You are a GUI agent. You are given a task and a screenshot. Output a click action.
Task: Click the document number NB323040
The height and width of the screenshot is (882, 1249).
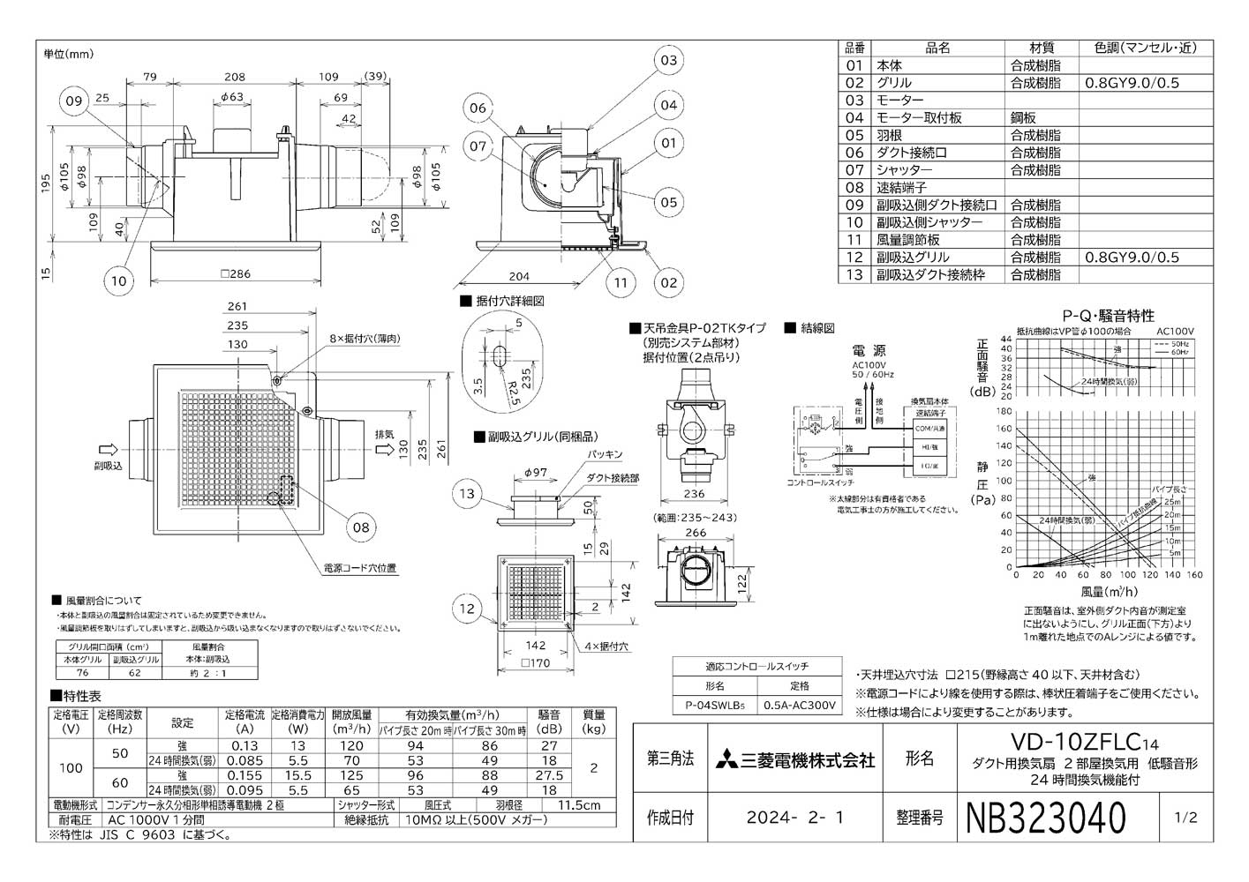point(1047,818)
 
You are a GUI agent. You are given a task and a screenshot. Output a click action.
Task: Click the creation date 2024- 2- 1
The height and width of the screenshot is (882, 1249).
point(794,818)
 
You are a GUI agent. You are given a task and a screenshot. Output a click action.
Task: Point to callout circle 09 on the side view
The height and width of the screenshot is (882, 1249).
point(74,101)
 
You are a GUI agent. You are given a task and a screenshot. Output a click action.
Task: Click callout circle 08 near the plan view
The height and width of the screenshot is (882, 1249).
point(360,528)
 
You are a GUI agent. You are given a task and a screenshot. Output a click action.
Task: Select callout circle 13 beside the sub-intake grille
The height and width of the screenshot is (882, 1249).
point(467,494)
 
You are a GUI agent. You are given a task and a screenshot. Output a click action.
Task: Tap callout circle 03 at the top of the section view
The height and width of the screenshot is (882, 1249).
point(668,60)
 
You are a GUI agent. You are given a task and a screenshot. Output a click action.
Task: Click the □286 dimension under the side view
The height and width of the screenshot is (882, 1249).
point(235,273)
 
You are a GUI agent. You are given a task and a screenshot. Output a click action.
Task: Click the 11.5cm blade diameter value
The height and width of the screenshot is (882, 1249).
point(580,804)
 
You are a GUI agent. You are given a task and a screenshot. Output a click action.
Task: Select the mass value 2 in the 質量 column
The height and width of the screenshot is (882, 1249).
point(593,767)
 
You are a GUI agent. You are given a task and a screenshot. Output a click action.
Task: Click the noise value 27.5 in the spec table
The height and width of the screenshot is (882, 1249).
point(549,775)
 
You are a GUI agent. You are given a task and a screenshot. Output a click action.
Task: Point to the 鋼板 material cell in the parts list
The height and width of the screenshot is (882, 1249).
point(1024,117)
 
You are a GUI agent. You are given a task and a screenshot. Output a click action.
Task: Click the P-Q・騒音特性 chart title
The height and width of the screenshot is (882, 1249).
point(1108,315)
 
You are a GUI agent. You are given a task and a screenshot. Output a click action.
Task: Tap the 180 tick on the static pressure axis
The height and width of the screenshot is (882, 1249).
point(1004,411)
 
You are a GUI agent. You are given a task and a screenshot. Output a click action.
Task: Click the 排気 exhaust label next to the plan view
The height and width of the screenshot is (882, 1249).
point(385,434)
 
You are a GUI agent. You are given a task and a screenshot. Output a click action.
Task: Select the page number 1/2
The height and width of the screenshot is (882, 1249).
point(1187,818)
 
